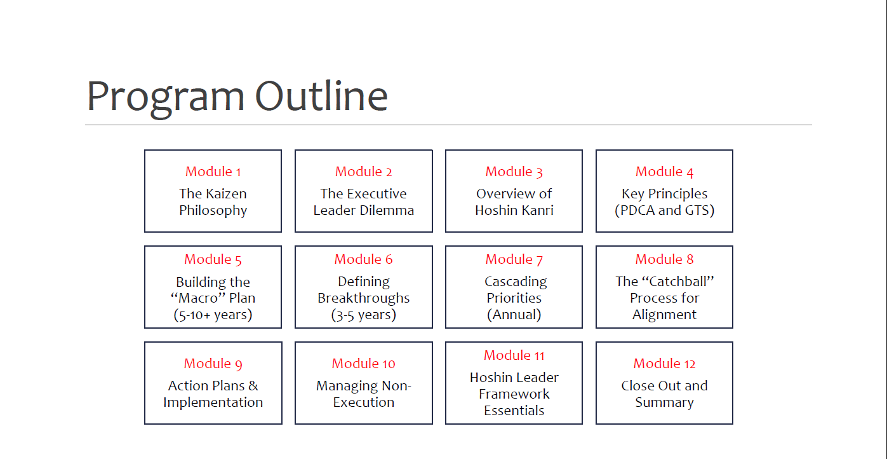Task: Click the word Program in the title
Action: [x=166, y=97]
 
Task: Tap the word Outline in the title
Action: [x=321, y=95]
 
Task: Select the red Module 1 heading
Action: [x=213, y=172]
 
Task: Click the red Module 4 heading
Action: [x=665, y=172]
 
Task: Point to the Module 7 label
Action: [x=514, y=259]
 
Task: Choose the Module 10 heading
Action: [x=364, y=364]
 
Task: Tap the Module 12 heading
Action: [x=665, y=364]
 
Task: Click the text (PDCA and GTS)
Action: [x=665, y=210]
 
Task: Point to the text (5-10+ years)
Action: [x=213, y=315]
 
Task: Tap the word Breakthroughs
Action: [x=364, y=298]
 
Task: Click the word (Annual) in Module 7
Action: [x=514, y=315]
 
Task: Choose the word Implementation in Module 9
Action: [x=213, y=402]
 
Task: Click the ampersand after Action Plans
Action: [x=253, y=386]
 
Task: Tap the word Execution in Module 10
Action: [x=364, y=402]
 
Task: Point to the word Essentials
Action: [x=514, y=411]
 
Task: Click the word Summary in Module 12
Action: [x=665, y=402]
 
